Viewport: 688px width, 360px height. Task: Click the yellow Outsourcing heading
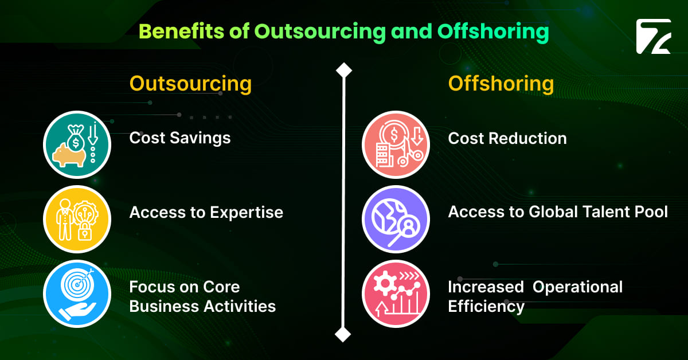(x=190, y=84)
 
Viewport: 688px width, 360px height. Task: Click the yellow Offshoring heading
(x=501, y=84)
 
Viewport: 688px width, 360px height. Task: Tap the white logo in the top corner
(x=652, y=37)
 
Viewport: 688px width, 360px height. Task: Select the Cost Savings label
(x=180, y=138)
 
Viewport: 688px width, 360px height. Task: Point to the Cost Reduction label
(x=507, y=138)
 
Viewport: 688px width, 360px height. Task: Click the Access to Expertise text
(x=206, y=213)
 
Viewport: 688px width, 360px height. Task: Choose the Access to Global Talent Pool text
(x=557, y=212)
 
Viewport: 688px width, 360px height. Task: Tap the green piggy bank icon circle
(x=77, y=144)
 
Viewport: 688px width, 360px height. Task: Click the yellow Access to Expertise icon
(x=77, y=219)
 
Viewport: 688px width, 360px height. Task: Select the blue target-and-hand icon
(x=77, y=294)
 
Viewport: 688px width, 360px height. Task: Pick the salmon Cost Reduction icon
(x=396, y=144)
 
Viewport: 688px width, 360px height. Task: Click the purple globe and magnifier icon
(x=396, y=219)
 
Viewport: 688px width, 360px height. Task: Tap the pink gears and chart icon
(x=396, y=294)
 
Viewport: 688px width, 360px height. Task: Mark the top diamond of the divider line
(x=343, y=71)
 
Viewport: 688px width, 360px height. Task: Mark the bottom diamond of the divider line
(x=343, y=334)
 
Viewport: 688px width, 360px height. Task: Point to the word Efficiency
(x=486, y=306)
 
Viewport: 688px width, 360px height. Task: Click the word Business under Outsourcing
(x=163, y=306)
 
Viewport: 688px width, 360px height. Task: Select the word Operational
(x=577, y=287)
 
